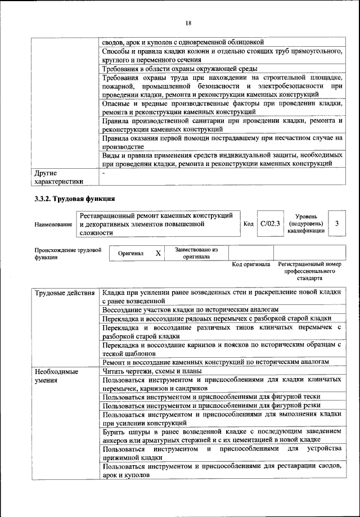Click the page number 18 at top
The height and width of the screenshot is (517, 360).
tap(188, 23)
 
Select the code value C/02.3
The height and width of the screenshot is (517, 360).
tap(271, 224)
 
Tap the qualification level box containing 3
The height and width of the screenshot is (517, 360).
tap(336, 224)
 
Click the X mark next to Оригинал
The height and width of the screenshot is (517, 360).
tap(159, 254)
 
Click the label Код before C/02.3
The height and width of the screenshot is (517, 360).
tap(248, 224)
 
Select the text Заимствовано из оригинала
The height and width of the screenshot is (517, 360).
tap(196, 253)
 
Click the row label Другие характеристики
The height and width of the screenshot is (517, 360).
tap(58, 177)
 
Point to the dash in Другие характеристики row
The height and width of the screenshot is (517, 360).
tap(104, 173)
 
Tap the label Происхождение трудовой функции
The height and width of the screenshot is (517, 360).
tap(67, 253)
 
